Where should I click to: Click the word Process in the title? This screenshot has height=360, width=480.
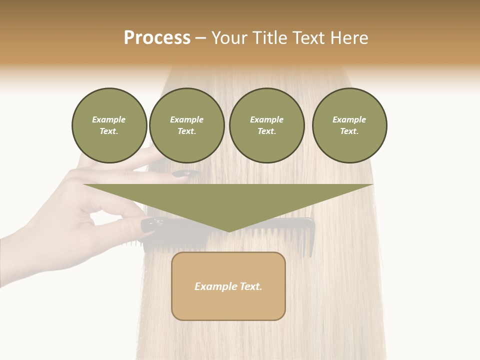pyautogui.click(x=157, y=38)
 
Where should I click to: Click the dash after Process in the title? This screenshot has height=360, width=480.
pyautogui.click(x=200, y=38)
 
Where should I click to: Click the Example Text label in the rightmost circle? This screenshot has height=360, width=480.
pyautogui.click(x=349, y=125)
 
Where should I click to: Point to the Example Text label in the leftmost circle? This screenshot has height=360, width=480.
pyautogui.click(x=109, y=125)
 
